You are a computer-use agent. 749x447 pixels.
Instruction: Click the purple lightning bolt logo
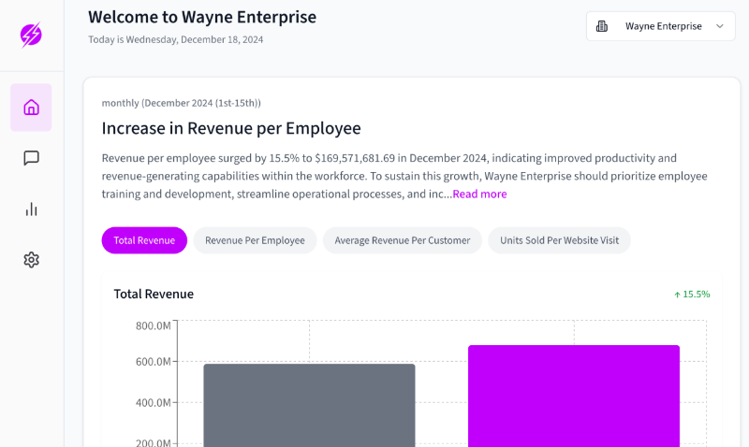(31, 35)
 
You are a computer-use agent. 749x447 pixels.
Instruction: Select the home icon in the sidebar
(31, 108)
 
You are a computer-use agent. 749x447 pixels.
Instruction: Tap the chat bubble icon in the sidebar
(31, 158)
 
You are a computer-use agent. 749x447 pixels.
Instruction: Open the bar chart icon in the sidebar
(31, 209)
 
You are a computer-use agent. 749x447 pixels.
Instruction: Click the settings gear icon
(31, 260)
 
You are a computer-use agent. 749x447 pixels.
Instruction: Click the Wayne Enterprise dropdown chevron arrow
(720, 26)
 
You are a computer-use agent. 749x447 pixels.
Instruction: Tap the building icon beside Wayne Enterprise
(602, 26)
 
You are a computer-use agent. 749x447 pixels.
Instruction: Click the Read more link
(479, 194)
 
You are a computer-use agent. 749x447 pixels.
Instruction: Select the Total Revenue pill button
(144, 240)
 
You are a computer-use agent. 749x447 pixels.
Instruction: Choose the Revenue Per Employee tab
(255, 240)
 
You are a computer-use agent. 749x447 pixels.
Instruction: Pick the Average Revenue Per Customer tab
(403, 240)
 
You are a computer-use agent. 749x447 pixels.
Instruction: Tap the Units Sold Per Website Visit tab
(559, 240)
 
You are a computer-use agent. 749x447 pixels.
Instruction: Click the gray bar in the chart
(310, 406)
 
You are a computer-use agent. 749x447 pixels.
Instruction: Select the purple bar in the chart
(574, 396)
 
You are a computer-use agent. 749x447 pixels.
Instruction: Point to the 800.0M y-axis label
(153, 325)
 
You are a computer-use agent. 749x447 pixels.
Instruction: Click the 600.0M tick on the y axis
(153, 362)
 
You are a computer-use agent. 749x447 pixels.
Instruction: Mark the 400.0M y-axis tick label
(153, 403)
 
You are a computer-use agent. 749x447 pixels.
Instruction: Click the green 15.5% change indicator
(692, 295)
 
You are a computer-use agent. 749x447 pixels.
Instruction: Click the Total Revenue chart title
(154, 294)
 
